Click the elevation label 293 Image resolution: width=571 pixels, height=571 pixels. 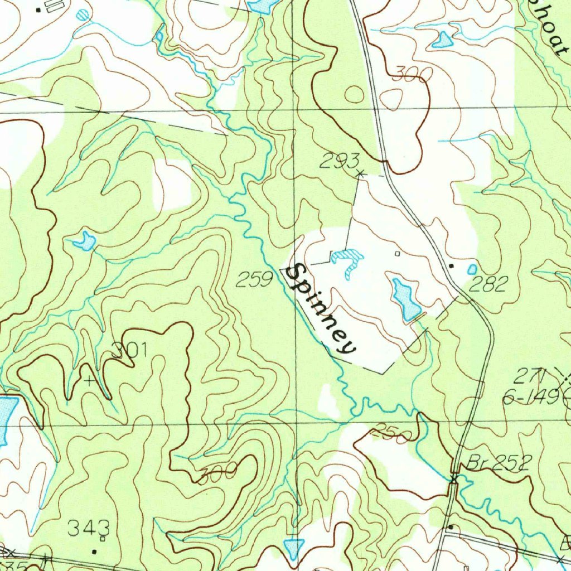point(339,162)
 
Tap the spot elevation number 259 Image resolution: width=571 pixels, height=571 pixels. point(254,279)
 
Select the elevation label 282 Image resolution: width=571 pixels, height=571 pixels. point(488,284)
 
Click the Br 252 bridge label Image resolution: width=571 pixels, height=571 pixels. point(492,462)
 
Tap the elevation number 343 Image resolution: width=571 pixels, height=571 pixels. point(88,527)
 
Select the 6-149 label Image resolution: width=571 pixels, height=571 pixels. point(530,397)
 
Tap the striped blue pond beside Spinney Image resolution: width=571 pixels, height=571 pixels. point(348,260)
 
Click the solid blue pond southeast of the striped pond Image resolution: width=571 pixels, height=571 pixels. point(406,298)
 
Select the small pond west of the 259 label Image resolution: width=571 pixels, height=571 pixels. point(85,241)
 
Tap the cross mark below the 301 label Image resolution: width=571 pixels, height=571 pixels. point(89,381)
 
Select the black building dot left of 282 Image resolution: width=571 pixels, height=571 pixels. point(451,266)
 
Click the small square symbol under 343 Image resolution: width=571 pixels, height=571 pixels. point(102,539)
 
